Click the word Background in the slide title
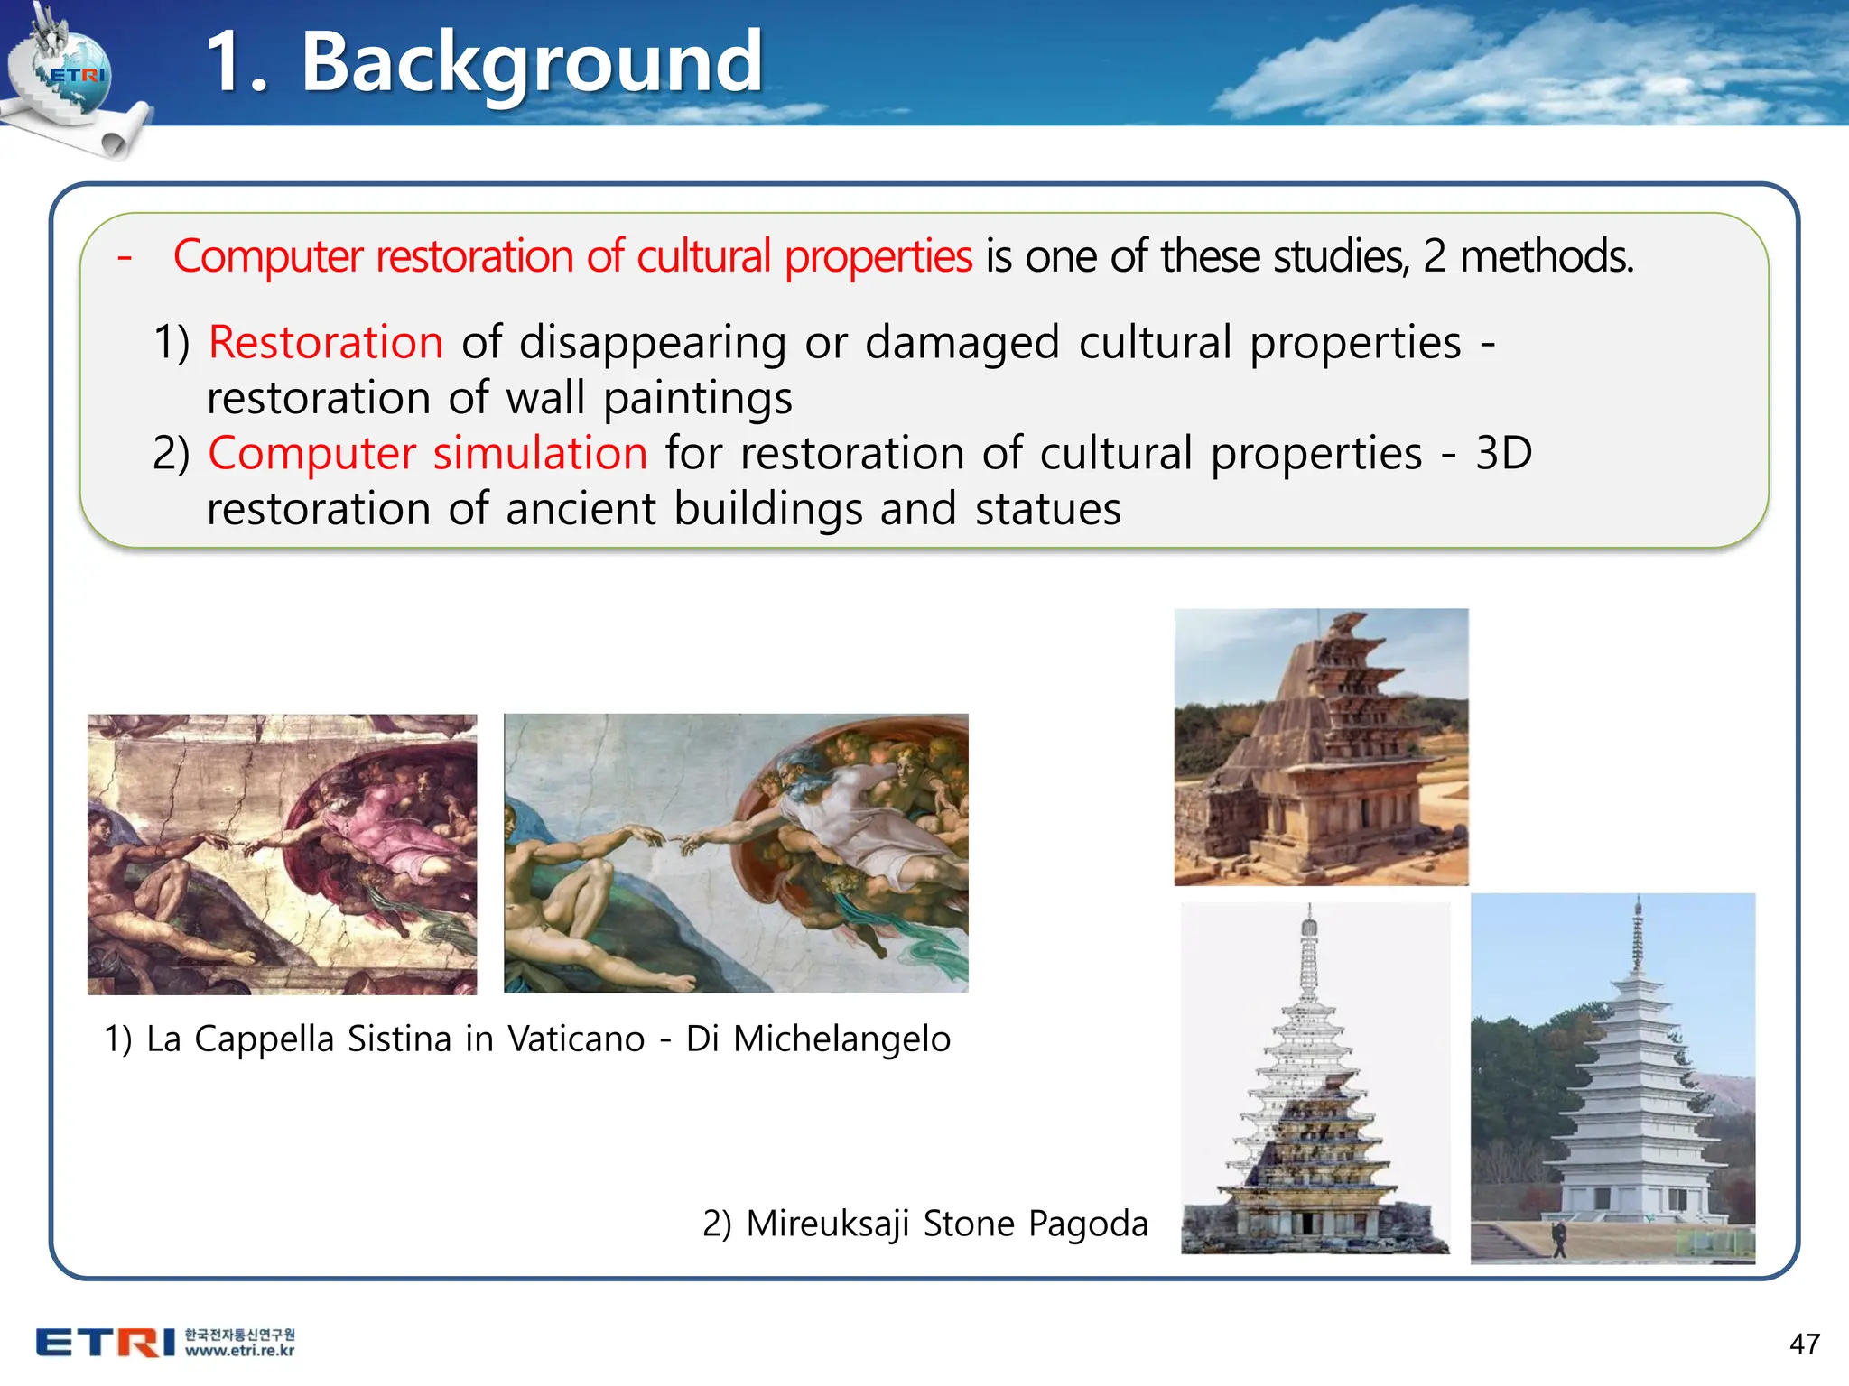tap(532, 63)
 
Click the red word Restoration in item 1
tap(326, 343)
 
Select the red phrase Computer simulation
tap(428, 453)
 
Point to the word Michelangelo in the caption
tap(841, 1039)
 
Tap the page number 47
tap(1804, 1344)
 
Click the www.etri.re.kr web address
tap(239, 1351)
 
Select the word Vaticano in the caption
tap(576, 1039)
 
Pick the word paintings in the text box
tap(698, 399)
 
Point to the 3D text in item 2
tap(1503, 453)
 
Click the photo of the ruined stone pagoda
tap(1321, 747)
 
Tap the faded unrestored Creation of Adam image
tap(282, 855)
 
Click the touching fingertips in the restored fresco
tap(670, 841)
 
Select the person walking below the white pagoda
tap(1559, 1239)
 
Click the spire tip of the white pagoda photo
tap(1638, 902)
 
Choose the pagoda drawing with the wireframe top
tap(1315, 1078)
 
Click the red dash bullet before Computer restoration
tap(125, 257)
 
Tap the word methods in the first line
tap(1546, 257)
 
